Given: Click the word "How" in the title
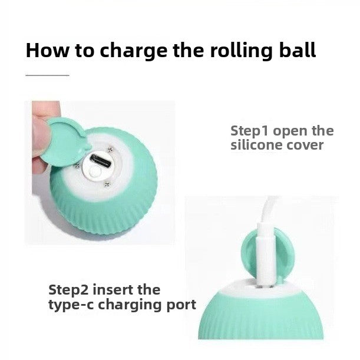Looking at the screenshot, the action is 47,50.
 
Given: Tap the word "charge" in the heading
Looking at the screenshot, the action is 134,52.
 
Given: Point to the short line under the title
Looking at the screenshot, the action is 47,75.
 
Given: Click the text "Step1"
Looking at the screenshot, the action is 249,131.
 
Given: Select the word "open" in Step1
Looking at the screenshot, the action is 290,132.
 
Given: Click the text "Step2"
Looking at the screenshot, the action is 68,290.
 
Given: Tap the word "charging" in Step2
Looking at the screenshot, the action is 130,305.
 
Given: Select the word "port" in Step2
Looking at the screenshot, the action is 181,306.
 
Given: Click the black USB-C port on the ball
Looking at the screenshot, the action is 100,161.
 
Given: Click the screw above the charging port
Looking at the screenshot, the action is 110,150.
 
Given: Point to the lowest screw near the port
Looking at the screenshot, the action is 107,184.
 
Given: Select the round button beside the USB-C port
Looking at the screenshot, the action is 95,171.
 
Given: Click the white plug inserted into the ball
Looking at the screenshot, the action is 266,255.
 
